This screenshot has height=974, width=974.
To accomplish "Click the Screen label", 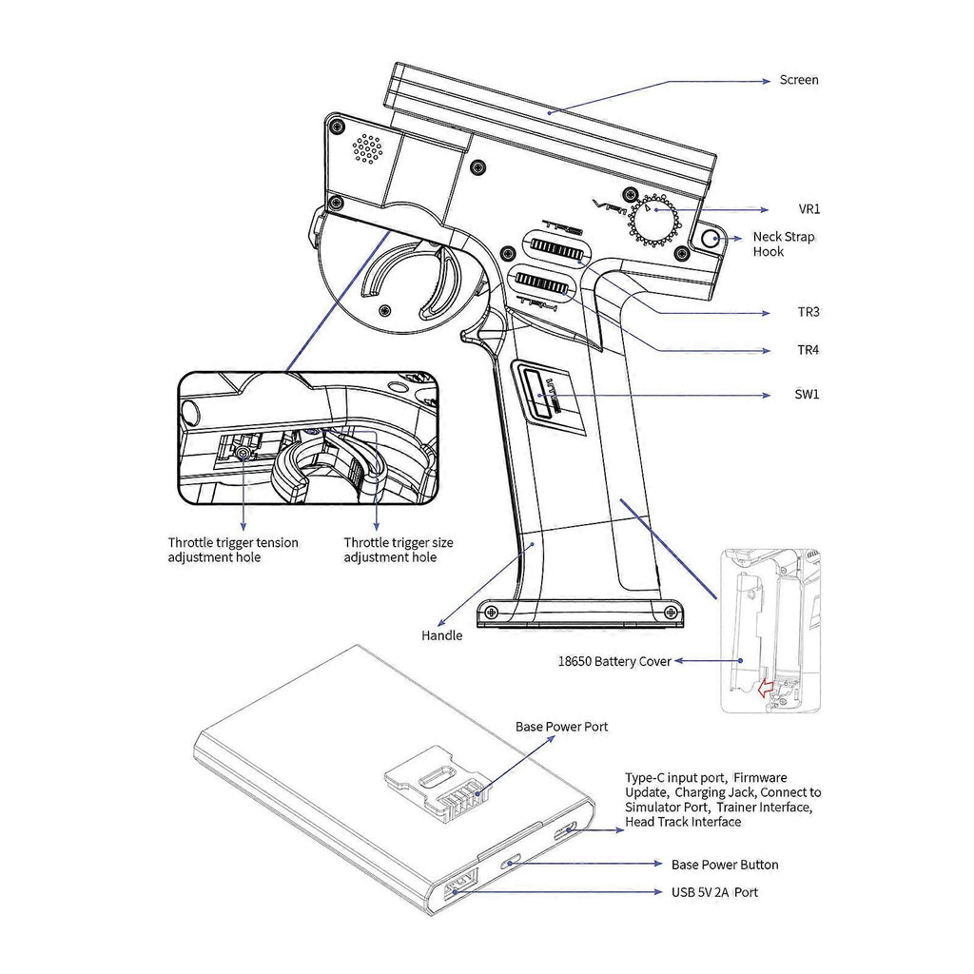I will [x=798, y=81].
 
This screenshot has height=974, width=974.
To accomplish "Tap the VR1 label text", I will [x=808, y=209].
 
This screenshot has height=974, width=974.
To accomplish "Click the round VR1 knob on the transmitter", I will [x=654, y=221].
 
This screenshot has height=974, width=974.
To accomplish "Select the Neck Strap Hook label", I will [x=783, y=244].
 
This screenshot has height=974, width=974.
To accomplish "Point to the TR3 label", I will [x=808, y=312].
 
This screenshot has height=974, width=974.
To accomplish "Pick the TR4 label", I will [x=808, y=350].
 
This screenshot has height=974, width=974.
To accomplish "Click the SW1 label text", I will [x=808, y=393].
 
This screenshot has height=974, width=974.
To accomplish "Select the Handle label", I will [x=441, y=635].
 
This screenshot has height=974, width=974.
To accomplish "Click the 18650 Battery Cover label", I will [x=614, y=661].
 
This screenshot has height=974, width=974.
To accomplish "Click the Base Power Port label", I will [x=561, y=728].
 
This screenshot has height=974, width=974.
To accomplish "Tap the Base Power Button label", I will [x=724, y=865].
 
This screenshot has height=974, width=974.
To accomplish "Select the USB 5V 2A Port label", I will [x=714, y=893].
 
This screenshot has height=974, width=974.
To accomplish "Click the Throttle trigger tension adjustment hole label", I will [x=233, y=550].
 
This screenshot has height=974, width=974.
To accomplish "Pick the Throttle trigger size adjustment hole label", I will [x=399, y=550].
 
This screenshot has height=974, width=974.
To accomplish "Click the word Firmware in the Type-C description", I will [x=760, y=778].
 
